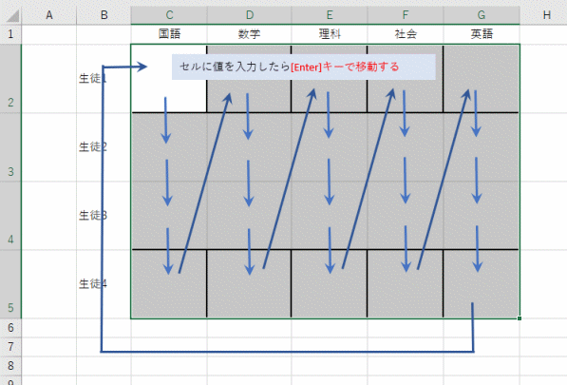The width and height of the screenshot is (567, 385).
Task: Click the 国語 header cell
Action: [x=169, y=34]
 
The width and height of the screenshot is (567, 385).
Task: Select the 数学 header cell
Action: [x=249, y=34]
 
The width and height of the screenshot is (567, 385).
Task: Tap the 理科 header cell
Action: [x=330, y=34]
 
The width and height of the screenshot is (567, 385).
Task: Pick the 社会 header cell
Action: [x=406, y=34]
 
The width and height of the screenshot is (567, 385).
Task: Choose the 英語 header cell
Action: [x=482, y=34]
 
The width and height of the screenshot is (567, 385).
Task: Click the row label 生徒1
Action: [x=93, y=78]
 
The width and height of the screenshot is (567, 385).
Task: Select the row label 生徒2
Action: [x=93, y=146]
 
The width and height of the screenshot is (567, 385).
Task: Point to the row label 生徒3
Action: [x=93, y=215]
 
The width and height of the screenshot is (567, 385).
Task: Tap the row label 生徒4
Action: [x=93, y=283]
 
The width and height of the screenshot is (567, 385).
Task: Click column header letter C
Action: [x=169, y=15]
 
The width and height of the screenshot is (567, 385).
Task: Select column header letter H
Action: [x=546, y=15]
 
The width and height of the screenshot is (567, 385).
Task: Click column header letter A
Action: [x=49, y=15]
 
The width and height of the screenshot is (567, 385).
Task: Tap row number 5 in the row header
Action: [x=10, y=308]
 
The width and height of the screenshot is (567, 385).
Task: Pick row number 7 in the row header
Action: [x=10, y=347]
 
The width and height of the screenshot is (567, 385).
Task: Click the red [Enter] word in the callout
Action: [x=306, y=67]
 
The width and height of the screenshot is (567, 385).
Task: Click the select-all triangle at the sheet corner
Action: [x=13, y=16]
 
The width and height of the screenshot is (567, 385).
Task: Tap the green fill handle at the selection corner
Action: [x=520, y=318]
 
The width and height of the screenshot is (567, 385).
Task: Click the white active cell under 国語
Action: [x=169, y=79]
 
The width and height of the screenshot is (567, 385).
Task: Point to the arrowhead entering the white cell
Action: [x=142, y=67]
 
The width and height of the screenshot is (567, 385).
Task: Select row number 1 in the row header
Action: [x=10, y=34]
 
